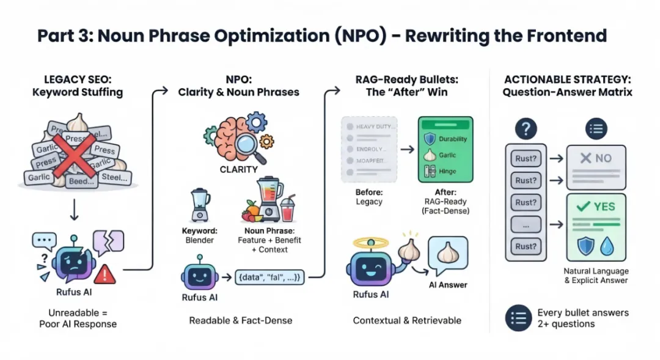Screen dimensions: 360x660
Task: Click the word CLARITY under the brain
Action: tap(239, 169)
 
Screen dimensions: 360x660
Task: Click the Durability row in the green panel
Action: tap(446, 139)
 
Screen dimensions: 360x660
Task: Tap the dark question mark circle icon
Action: tap(526, 128)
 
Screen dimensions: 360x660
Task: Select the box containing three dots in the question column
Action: tap(526, 224)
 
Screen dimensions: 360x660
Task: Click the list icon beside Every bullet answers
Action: tap(517, 318)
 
